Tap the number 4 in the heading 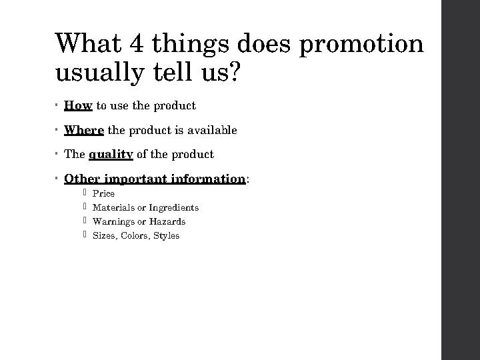point(139,43)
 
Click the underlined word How point(78,106)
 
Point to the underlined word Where point(84,131)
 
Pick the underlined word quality point(111,155)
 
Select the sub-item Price point(103,193)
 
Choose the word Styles point(166,235)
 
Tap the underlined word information point(208,179)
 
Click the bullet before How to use point(59,105)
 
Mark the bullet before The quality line point(59,154)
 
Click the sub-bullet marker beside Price point(85,193)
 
